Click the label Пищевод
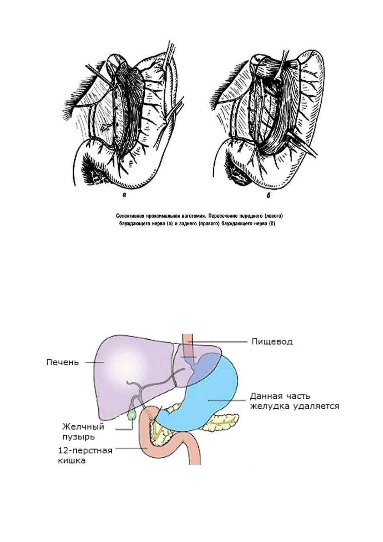(x=272, y=342)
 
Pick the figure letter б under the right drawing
(x=268, y=196)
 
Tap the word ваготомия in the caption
(x=194, y=215)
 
